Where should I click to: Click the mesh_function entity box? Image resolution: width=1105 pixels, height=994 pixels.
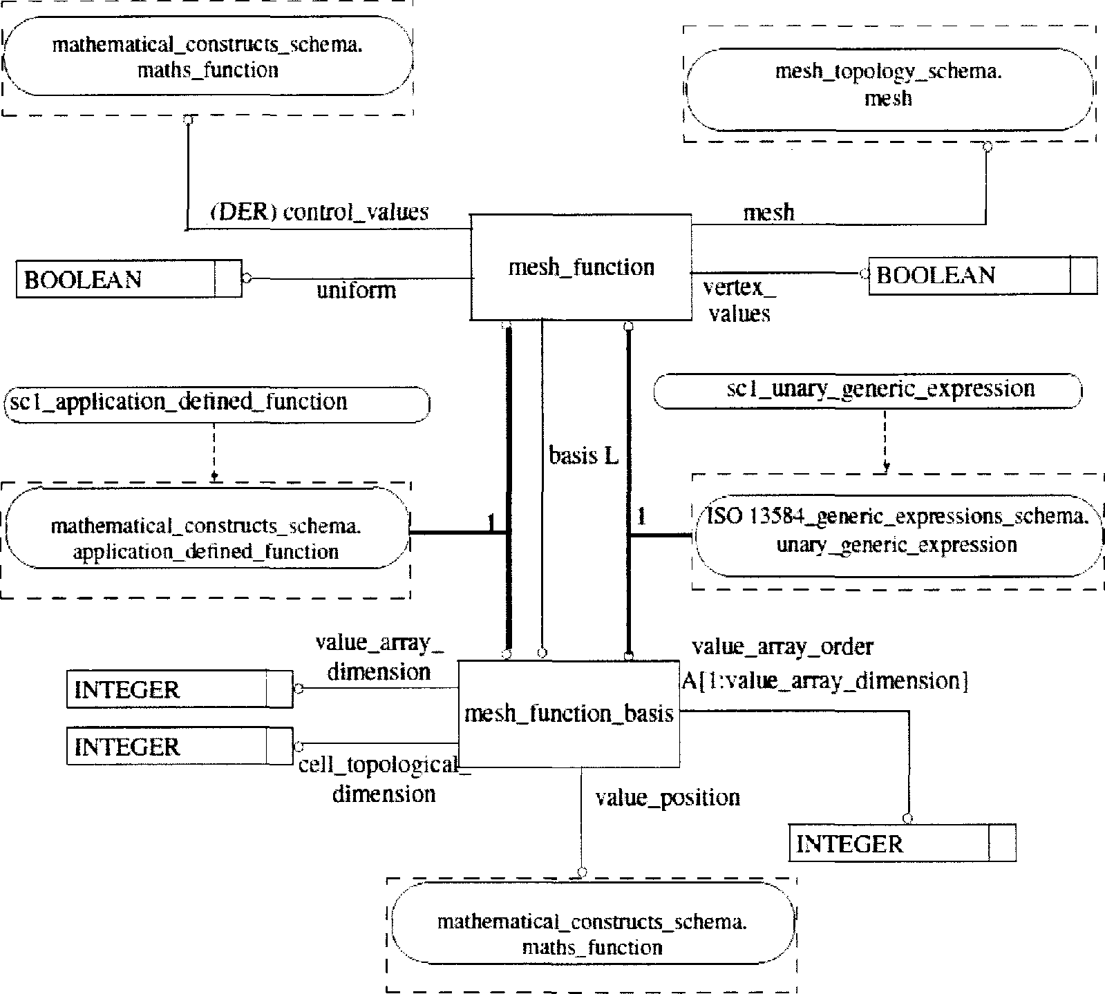point(580,267)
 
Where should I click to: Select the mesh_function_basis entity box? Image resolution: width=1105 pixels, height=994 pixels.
point(569,714)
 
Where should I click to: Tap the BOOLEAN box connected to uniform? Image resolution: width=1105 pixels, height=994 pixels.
point(129,279)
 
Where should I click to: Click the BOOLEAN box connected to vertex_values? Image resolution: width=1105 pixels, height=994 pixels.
point(983,275)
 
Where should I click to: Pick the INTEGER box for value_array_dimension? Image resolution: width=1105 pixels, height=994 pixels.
point(180,689)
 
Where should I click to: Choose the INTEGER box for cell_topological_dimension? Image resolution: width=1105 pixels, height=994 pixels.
point(180,746)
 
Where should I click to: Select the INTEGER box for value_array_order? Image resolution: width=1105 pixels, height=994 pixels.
point(903,843)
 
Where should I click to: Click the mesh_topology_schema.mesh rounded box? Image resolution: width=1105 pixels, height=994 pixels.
point(889,89)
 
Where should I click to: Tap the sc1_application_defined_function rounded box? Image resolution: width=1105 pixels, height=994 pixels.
point(217,404)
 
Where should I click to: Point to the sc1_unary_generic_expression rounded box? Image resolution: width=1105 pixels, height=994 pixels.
point(867,391)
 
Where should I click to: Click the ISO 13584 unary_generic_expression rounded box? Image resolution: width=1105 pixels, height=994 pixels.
point(898,535)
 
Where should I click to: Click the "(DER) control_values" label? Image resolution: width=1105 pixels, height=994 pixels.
point(319,211)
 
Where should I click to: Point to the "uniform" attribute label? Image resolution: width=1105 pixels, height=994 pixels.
point(357,289)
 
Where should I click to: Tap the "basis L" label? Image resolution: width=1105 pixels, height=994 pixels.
point(583,455)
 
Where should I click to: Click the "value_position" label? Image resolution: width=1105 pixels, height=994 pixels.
point(668,798)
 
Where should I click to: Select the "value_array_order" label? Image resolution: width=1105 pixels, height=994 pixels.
point(783,647)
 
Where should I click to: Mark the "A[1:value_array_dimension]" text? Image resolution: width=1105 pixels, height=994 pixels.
point(824,681)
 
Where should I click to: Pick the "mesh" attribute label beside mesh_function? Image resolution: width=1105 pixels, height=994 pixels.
point(768,212)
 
